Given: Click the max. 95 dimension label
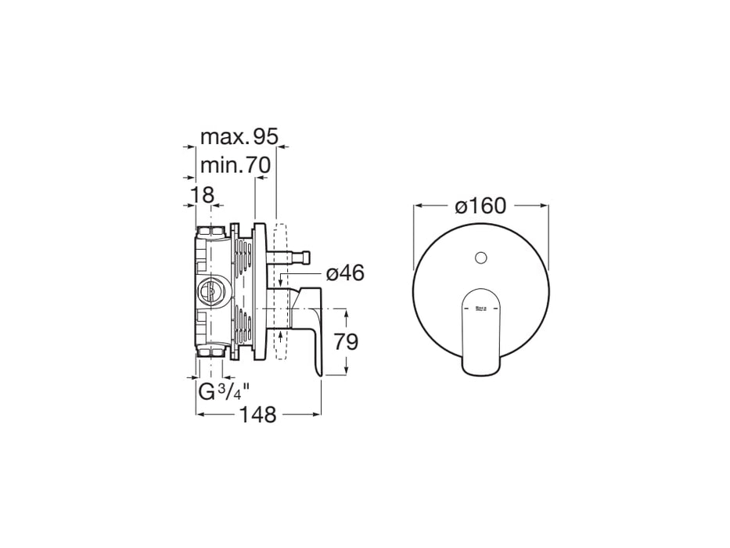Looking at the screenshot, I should pyautogui.click(x=239, y=137).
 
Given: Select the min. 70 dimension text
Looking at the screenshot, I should pyautogui.click(x=235, y=166).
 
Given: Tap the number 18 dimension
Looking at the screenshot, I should pyautogui.click(x=202, y=195).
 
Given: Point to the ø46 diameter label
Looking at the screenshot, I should pyautogui.click(x=345, y=273).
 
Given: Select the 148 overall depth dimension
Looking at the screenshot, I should pyautogui.click(x=258, y=415).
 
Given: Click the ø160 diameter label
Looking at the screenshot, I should pyautogui.click(x=480, y=206).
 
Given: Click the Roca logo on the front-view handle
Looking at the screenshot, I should pyautogui.click(x=481, y=309).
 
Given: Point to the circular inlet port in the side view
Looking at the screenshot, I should pyautogui.click(x=208, y=291).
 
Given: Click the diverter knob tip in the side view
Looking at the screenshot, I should pyautogui.click(x=309, y=254).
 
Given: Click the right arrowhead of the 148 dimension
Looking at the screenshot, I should pyautogui.click(x=317, y=414).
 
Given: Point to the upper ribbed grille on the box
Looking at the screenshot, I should pyautogui.click(x=245, y=262).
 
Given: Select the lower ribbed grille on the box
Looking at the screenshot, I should pyautogui.click(x=245, y=329).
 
